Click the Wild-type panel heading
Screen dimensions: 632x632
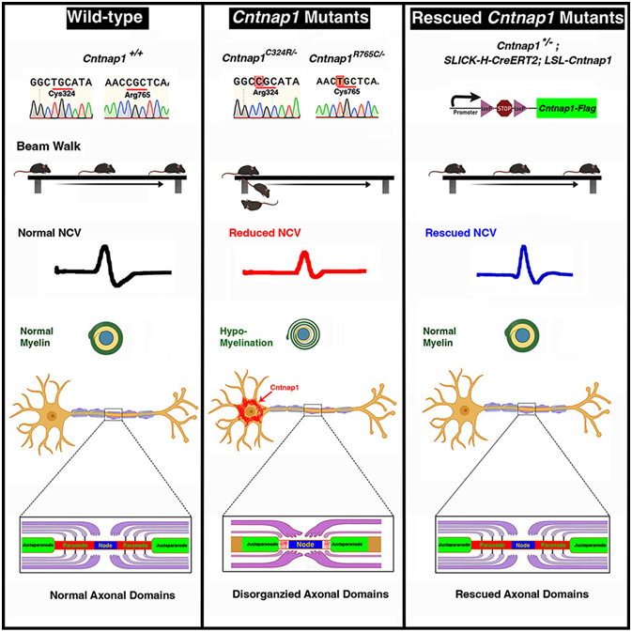point(100,18)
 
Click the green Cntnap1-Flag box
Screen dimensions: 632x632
point(566,109)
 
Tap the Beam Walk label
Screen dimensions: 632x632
point(44,148)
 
